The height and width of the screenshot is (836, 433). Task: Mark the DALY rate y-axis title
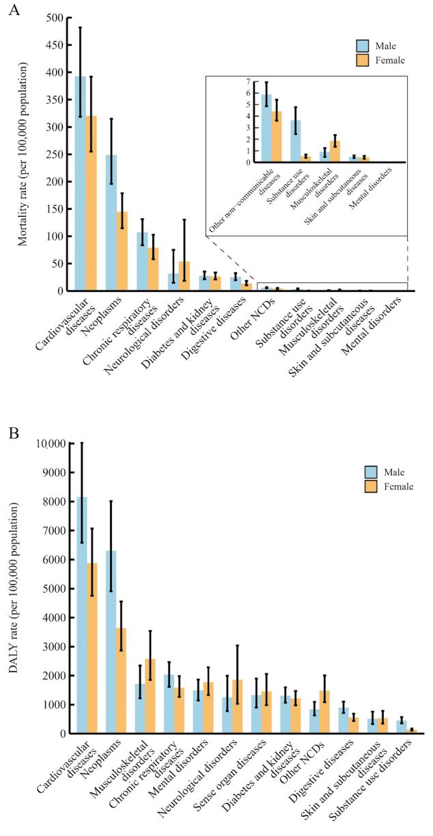(x=14, y=588)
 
